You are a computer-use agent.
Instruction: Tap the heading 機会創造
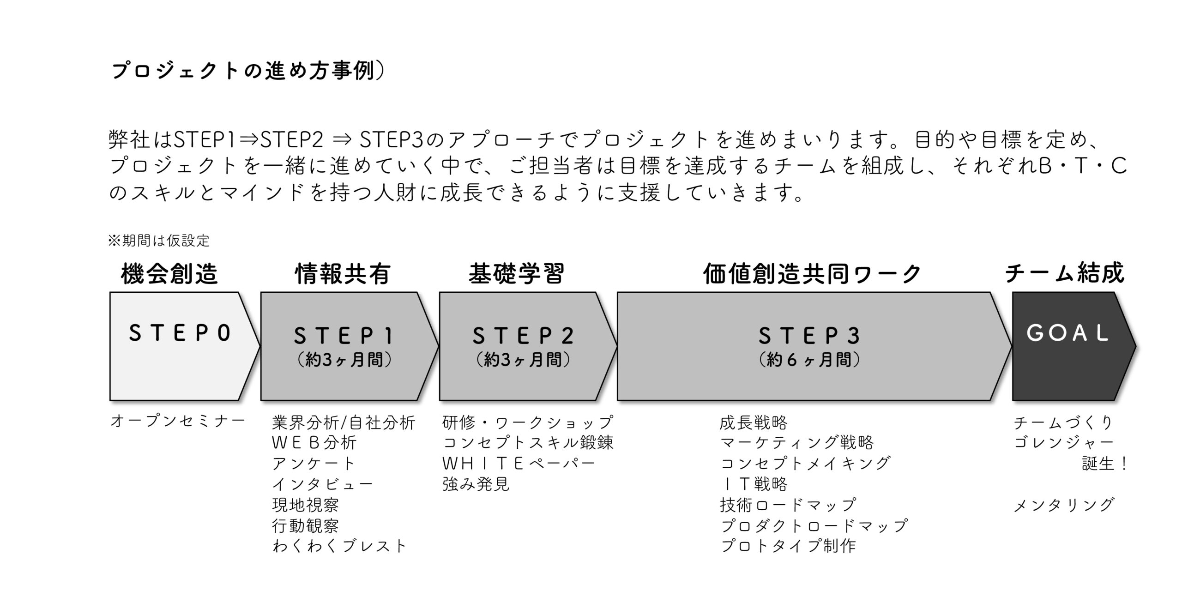169,273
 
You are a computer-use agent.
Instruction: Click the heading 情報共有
343,273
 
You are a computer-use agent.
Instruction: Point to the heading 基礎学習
517,273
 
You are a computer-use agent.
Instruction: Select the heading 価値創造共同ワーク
812,274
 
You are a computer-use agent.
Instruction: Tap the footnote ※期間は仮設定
159,241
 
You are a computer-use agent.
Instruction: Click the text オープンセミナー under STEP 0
178,422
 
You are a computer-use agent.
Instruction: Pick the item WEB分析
314,442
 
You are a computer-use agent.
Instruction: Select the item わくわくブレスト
339,546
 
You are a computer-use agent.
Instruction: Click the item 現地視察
305,505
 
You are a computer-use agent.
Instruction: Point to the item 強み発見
476,484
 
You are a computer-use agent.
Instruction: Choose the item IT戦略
754,484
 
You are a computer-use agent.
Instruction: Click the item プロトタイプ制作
788,546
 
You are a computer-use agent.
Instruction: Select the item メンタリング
1064,505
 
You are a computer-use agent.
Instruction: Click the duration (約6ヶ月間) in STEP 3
809,360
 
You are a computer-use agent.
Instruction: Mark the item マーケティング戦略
797,442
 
